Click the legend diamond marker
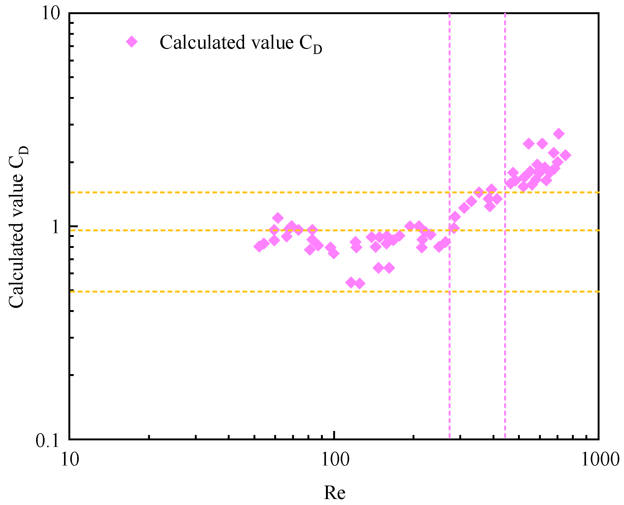point(132,41)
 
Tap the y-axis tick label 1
point(56,227)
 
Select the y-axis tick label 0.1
point(47,441)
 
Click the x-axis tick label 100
point(334,460)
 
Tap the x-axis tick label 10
point(70,460)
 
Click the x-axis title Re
point(334,492)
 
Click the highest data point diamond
point(559,133)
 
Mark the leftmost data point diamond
point(259,246)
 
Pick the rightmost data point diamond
point(565,155)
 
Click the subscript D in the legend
point(317,50)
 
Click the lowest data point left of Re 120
point(351,282)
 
